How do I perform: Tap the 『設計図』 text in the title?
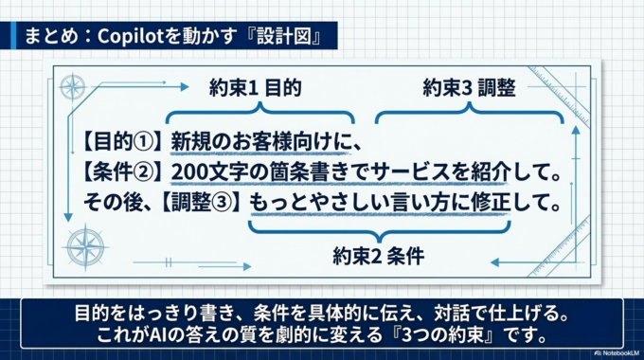point(283,39)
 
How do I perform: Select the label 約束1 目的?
point(255,89)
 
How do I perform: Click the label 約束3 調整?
point(468,89)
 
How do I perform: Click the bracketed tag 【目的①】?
point(125,142)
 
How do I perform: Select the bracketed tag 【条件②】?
point(125,172)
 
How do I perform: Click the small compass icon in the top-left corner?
point(72,87)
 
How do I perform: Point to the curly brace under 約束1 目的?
point(259,117)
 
